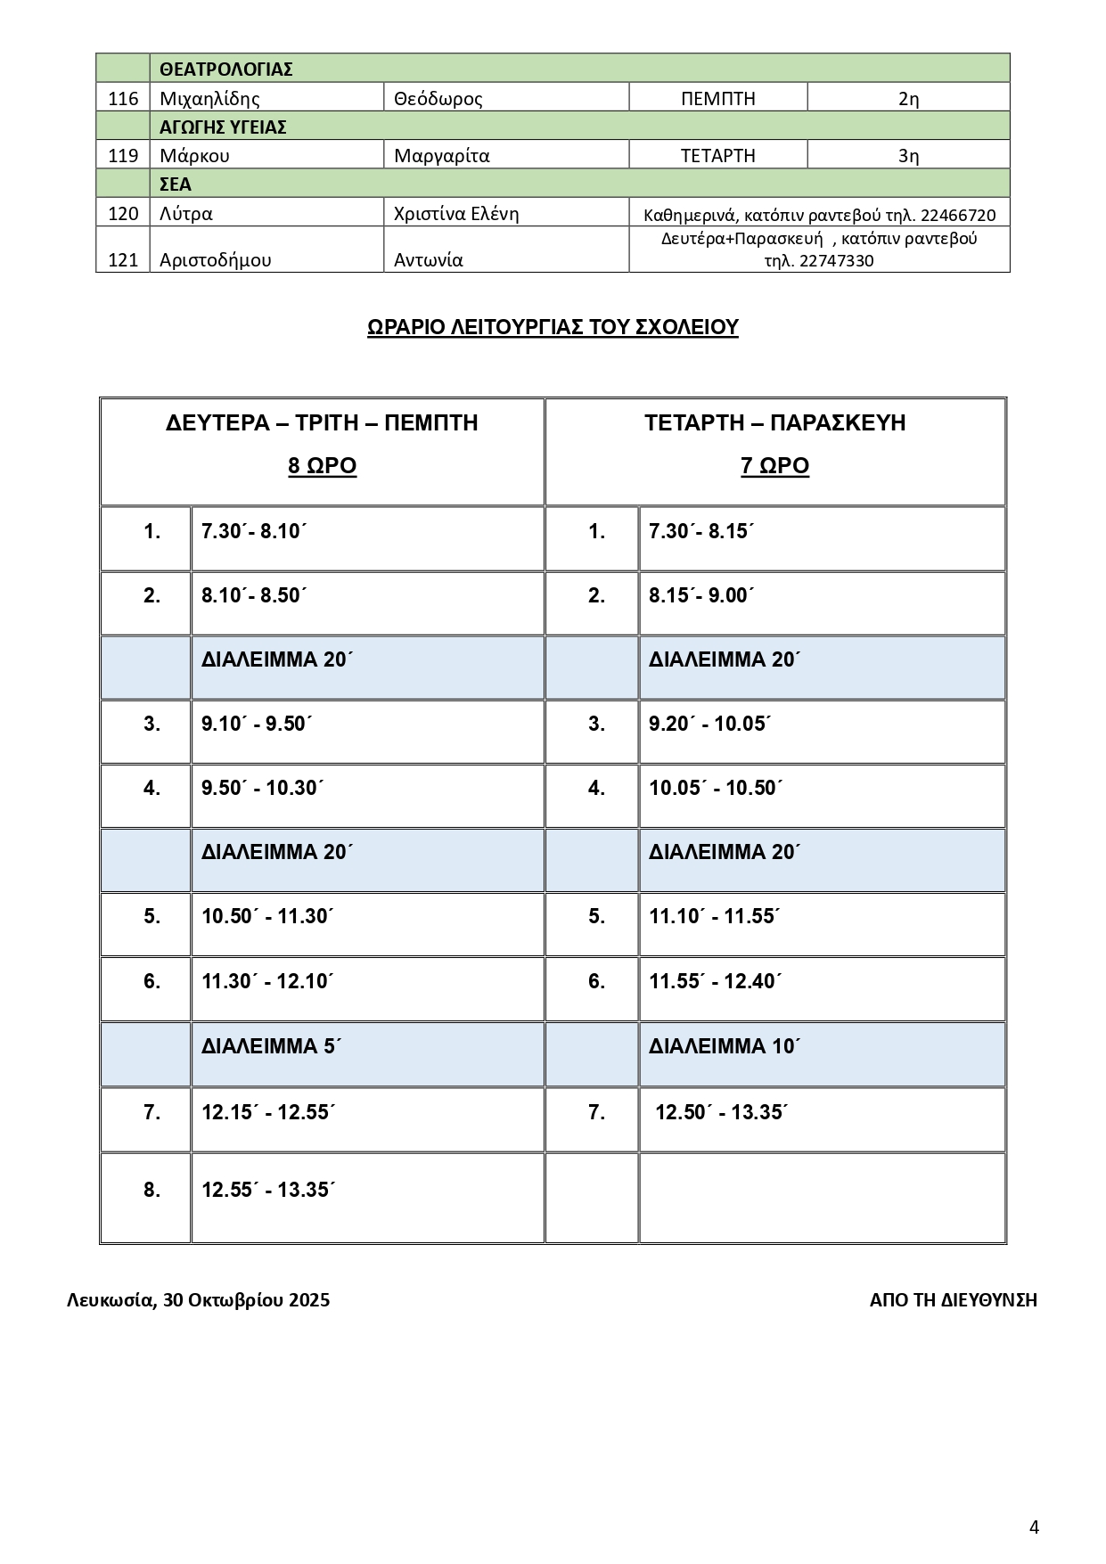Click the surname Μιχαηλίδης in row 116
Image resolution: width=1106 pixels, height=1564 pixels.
click(x=209, y=99)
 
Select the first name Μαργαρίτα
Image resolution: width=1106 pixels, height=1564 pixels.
click(x=441, y=156)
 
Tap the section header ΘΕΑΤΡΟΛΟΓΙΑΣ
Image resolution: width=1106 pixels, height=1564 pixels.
click(x=226, y=70)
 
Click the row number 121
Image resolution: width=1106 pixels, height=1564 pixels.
click(x=123, y=260)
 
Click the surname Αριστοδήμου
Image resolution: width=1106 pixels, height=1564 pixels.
click(x=215, y=260)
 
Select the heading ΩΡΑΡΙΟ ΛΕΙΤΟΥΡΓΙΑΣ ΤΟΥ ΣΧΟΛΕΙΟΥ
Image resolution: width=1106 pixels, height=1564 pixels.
click(x=553, y=328)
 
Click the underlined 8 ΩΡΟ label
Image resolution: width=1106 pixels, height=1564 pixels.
click(x=322, y=466)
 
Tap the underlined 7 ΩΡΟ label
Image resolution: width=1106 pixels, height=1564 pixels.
click(x=774, y=466)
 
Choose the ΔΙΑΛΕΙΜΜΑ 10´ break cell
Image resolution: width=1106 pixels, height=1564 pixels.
click(x=725, y=1046)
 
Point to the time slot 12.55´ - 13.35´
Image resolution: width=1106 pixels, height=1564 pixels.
click(x=267, y=1191)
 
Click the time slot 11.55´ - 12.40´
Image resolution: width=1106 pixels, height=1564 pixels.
click(x=716, y=982)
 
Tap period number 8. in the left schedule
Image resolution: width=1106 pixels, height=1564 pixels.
click(x=152, y=1191)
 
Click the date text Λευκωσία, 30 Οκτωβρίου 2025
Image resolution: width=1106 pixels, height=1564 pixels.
click(x=198, y=1300)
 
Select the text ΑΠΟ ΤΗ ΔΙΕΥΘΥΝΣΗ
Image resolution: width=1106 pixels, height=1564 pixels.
click(x=953, y=1300)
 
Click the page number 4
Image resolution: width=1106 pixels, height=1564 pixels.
click(x=1034, y=1503)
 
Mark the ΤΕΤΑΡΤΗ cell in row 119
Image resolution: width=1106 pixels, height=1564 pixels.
click(x=717, y=156)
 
